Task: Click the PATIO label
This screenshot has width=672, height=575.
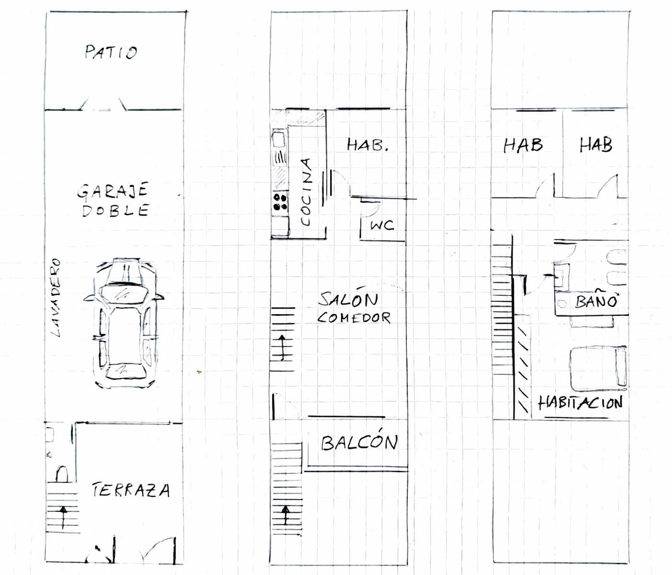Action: (x=111, y=52)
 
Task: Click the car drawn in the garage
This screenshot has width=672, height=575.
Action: (x=124, y=323)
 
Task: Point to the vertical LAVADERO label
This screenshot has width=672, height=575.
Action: (x=56, y=297)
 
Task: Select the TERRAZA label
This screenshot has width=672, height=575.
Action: (x=131, y=490)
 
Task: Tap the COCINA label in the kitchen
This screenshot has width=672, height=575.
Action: (x=306, y=192)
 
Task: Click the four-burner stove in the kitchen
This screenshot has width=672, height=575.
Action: (x=280, y=202)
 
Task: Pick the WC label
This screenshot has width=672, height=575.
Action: (x=382, y=225)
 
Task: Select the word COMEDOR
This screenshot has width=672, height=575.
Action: (x=353, y=318)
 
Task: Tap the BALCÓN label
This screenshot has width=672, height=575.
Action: (x=360, y=443)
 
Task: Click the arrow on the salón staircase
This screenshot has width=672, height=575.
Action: (x=282, y=347)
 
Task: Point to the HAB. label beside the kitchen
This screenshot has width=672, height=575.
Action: (x=368, y=145)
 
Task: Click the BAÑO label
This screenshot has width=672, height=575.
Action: (x=596, y=299)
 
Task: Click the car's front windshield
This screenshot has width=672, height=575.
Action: (x=123, y=293)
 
